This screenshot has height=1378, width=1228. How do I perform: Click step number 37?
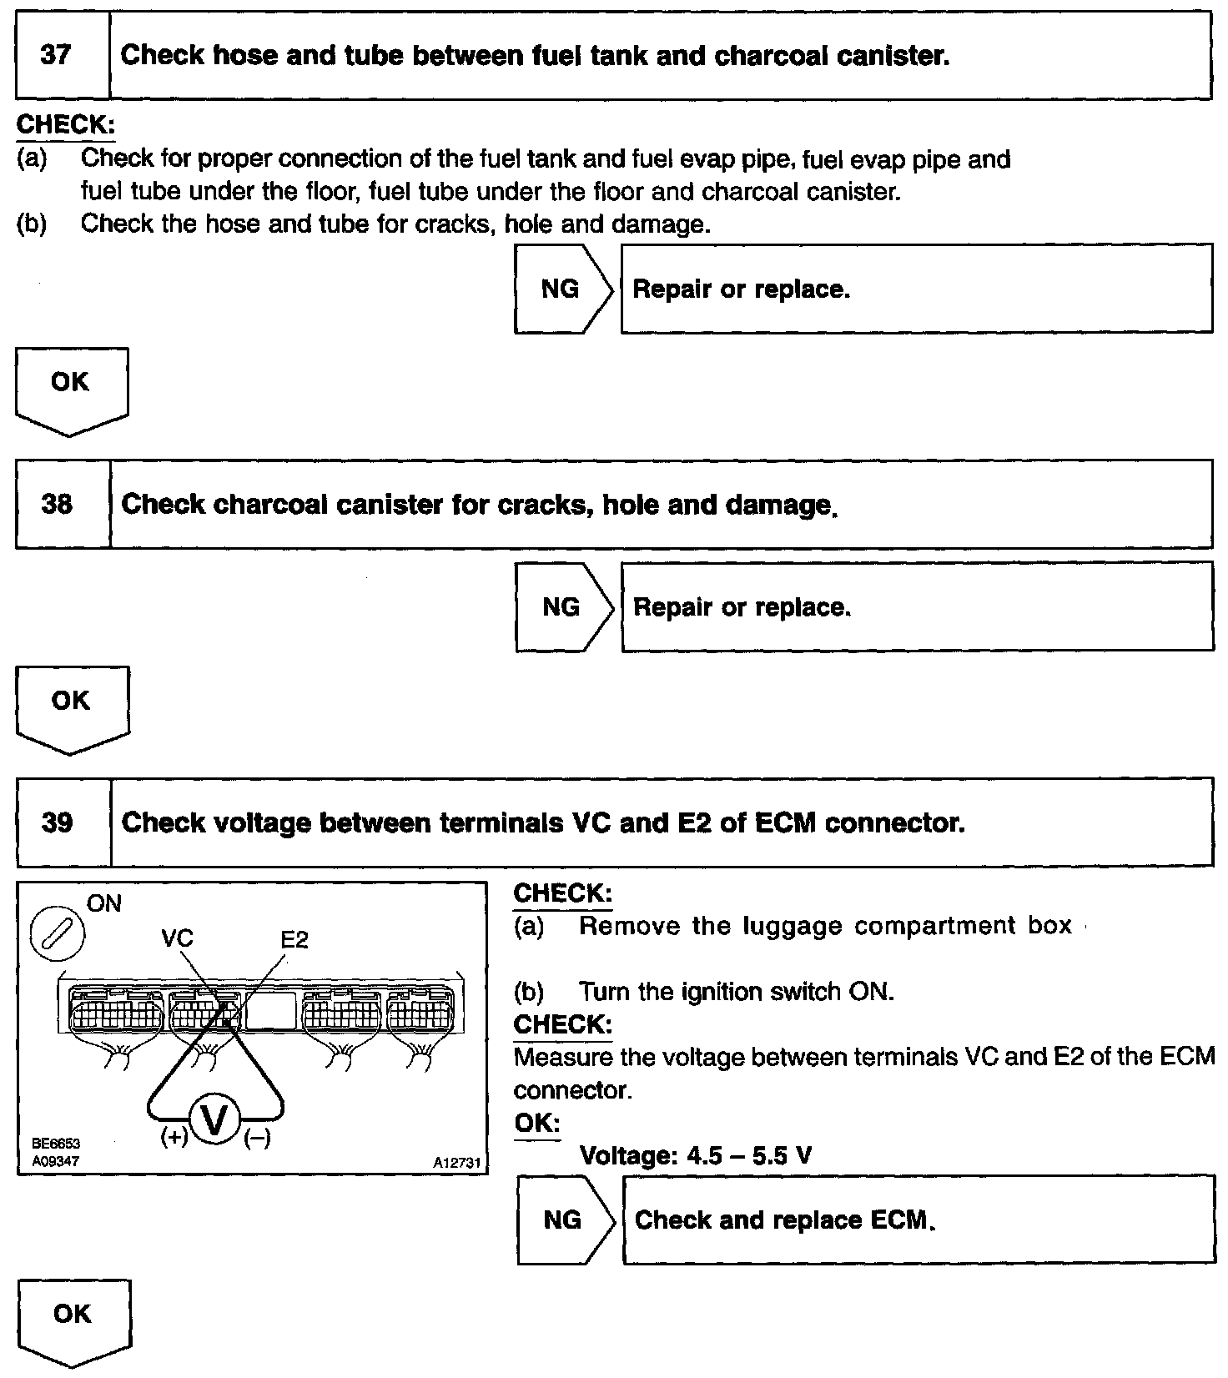coord(56,56)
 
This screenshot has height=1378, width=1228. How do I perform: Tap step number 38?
coord(57,505)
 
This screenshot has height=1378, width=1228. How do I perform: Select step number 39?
coord(58,823)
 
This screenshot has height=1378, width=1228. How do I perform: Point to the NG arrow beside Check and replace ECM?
coord(564,1220)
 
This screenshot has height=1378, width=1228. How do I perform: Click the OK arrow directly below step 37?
coord(71,386)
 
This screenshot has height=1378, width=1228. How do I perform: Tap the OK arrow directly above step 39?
coord(72,706)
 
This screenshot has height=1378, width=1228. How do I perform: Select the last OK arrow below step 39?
coord(73,1319)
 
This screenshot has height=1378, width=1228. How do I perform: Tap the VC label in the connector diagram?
coord(177,938)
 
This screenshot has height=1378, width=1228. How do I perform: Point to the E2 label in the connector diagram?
coord(294,940)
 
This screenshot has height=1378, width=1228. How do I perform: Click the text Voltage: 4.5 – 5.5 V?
coord(695,1156)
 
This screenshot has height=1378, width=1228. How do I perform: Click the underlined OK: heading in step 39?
coord(536,1123)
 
